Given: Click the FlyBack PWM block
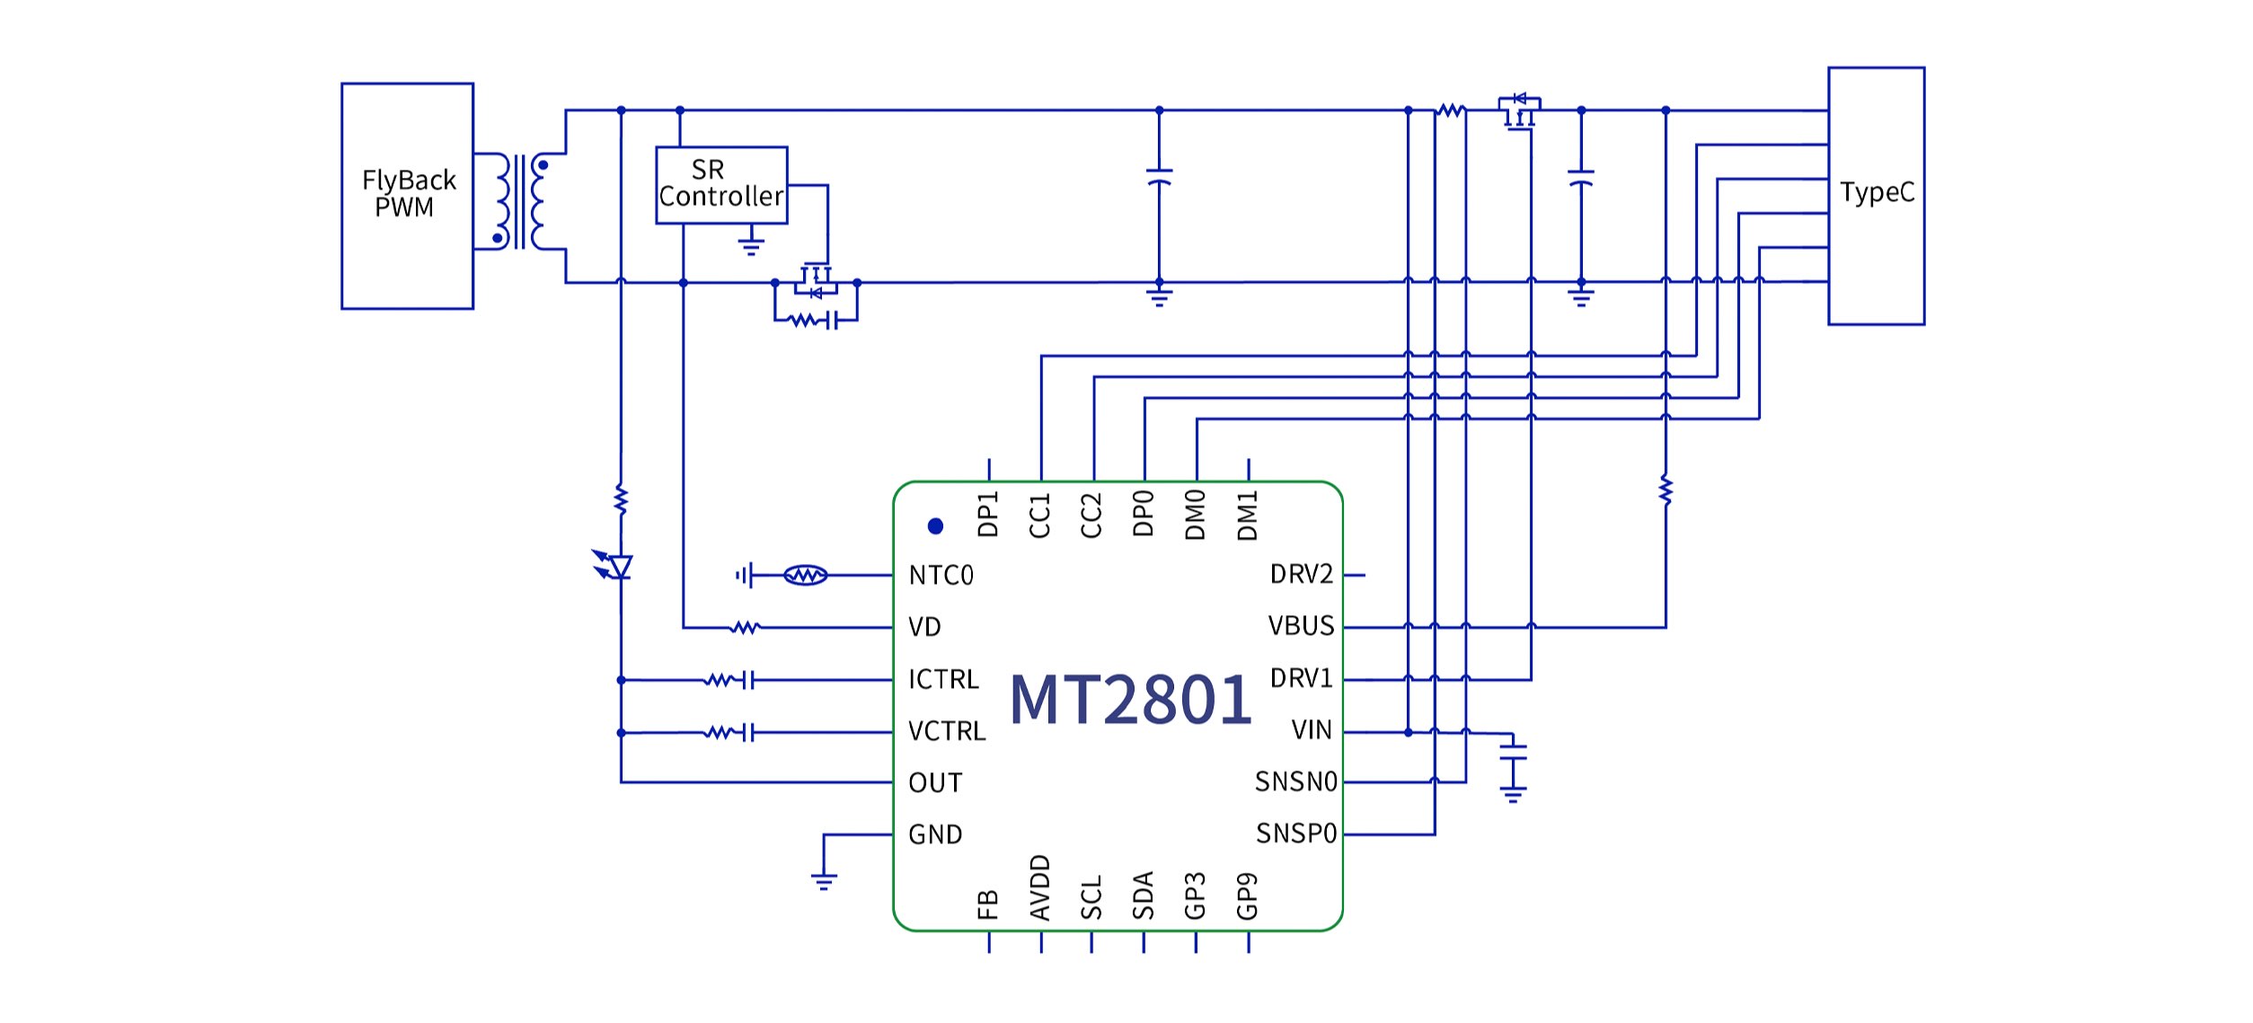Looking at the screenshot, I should coord(407,196).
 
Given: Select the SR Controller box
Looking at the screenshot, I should coord(721,185).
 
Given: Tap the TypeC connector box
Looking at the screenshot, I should coord(1876,195).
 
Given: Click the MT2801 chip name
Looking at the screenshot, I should coord(1130,700).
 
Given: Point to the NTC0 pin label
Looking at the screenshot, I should coord(941,576).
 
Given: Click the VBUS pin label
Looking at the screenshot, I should coord(1301,626).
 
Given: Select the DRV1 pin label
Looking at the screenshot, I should coord(1301,678).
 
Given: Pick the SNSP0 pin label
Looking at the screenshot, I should coord(1296,834).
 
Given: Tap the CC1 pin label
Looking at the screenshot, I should coord(1039,516).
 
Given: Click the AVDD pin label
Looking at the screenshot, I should coord(1039,888).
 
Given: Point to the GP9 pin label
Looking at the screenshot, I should coord(1247,896).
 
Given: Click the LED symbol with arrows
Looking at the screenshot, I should coord(616,566).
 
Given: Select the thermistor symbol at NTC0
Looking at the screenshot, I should coord(805,575).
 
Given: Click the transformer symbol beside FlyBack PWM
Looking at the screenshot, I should coord(520,201).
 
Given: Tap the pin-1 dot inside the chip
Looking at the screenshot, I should coord(935,526).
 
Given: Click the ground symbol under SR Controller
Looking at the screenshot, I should coord(751,244).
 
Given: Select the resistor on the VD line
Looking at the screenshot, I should coord(745,627).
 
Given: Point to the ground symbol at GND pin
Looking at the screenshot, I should coord(824,880).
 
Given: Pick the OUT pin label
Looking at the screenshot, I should coord(935,783).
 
